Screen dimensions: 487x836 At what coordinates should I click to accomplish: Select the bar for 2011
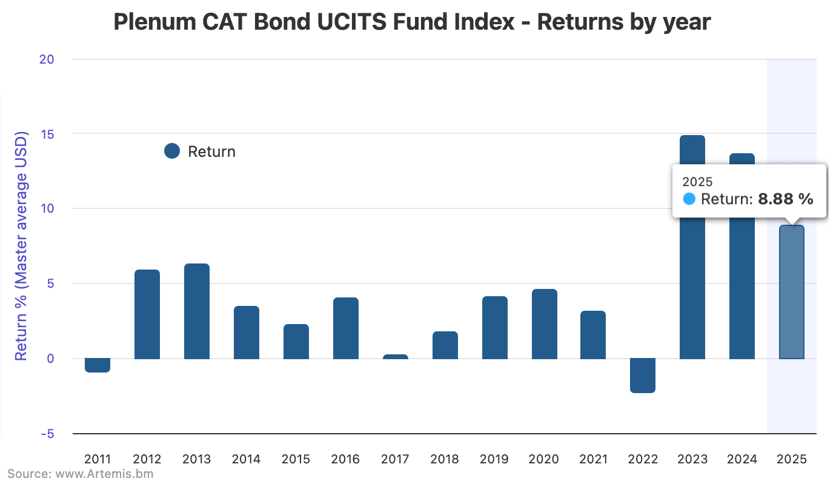[98, 365]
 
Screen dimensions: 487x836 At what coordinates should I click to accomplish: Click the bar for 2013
[197, 311]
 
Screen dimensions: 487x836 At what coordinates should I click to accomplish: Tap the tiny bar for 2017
[396, 357]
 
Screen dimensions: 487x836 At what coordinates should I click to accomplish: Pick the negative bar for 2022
[643, 376]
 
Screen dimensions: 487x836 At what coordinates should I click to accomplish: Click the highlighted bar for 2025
[791, 292]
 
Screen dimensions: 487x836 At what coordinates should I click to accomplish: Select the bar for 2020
[545, 324]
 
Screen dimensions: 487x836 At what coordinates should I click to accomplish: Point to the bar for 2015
[296, 342]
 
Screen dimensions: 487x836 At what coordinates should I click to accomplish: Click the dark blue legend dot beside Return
[172, 151]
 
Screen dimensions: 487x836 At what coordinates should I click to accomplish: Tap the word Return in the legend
[211, 151]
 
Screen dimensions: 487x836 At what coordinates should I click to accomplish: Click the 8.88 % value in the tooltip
[785, 199]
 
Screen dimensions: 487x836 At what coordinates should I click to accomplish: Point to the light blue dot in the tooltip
[689, 199]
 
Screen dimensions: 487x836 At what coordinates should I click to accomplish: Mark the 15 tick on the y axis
[63, 134]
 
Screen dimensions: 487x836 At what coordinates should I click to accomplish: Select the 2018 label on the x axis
[445, 459]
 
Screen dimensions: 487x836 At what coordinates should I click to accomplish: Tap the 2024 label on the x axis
[742, 459]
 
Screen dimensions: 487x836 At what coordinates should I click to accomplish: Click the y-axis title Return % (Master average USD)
[22, 246]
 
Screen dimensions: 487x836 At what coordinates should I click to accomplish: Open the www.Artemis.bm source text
[104, 474]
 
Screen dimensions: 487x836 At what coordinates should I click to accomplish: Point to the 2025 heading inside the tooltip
[698, 182]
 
